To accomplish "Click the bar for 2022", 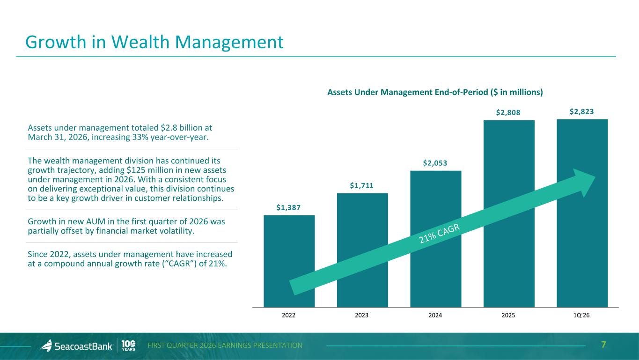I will [289, 253].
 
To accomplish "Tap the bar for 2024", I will [435, 211].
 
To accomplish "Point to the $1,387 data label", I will [289, 207].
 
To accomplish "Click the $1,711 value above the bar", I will [362, 186].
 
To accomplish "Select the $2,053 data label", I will [435, 163].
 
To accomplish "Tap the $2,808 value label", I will [508, 113].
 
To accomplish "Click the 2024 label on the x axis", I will [435, 315].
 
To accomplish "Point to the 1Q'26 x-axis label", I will [582, 315].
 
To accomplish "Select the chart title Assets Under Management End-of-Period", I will [435, 92].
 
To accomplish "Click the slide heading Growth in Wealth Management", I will [154, 42].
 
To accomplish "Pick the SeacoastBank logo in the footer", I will [77, 346].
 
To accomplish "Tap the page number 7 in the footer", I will [604, 345].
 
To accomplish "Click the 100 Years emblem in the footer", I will [129, 345].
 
